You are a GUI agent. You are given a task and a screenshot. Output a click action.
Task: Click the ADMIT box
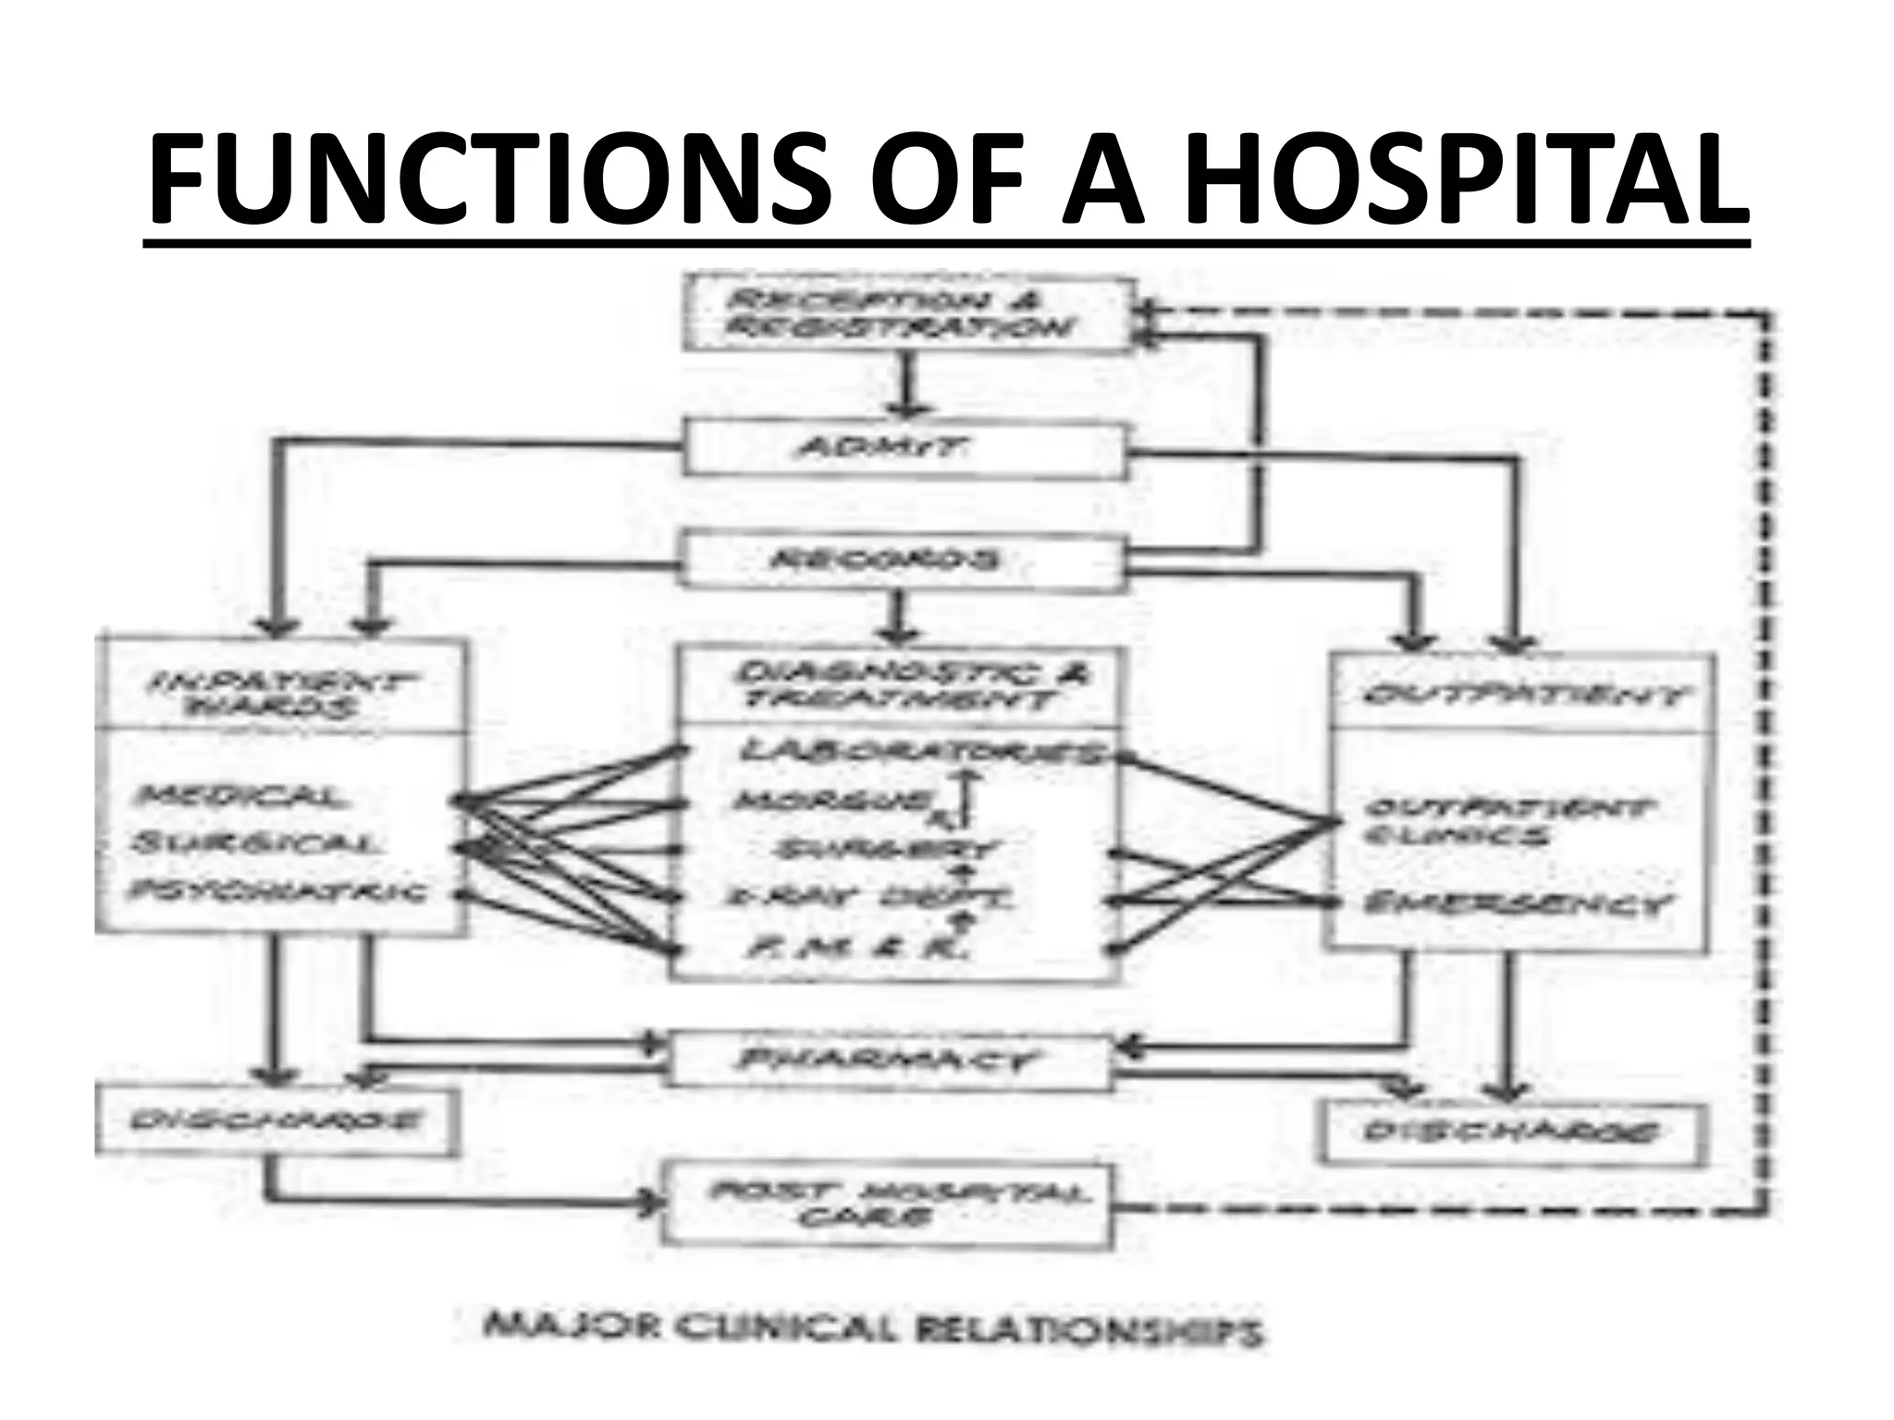(x=904, y=449)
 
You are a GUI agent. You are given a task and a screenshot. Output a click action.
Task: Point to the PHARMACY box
(x=888, y=1060)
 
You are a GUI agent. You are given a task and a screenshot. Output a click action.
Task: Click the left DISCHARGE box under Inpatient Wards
(x=276, y=1121)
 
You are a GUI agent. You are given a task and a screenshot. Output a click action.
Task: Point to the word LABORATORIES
(x=921, y=753)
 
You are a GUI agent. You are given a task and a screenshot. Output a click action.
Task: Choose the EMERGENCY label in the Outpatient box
(x=1517, y=903)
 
